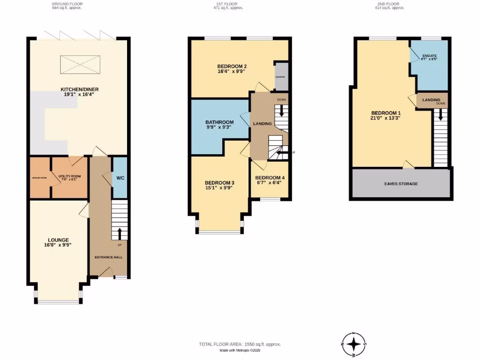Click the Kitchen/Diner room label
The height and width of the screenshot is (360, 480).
79,89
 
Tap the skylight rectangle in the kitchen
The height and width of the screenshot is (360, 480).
80,64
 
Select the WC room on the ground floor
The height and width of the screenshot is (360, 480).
120,178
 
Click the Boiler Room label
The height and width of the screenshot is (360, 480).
39,178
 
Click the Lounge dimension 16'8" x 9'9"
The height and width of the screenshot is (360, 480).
58,245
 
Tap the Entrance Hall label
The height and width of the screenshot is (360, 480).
109,257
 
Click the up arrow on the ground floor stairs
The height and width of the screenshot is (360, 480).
119,232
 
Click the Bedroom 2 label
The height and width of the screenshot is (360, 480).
232,66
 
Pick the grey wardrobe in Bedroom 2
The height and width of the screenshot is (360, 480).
281,76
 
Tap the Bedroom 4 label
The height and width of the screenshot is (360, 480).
270,178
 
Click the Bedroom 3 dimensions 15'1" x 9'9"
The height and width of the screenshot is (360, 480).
218,187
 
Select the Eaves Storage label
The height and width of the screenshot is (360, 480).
402,184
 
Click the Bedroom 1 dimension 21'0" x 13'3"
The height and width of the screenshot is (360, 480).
386,118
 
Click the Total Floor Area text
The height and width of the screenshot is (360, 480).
240,345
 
